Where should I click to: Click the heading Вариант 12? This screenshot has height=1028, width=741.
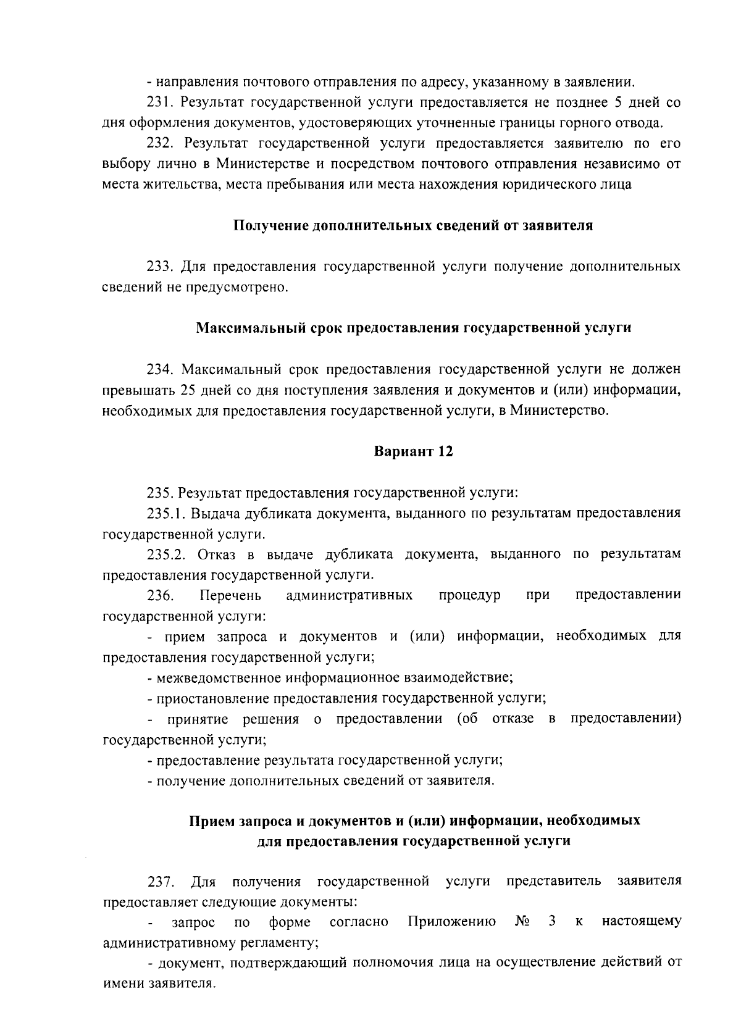(413, 451)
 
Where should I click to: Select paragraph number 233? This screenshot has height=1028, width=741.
(159, 267)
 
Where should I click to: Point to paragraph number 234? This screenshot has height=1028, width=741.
(159, 369)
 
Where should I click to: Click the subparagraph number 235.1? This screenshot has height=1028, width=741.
(165, 513)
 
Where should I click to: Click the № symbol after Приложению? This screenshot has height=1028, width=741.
(522, 921)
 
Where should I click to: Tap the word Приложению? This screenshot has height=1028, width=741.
(452, 921)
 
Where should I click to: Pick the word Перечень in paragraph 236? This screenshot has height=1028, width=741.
(230, 595)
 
